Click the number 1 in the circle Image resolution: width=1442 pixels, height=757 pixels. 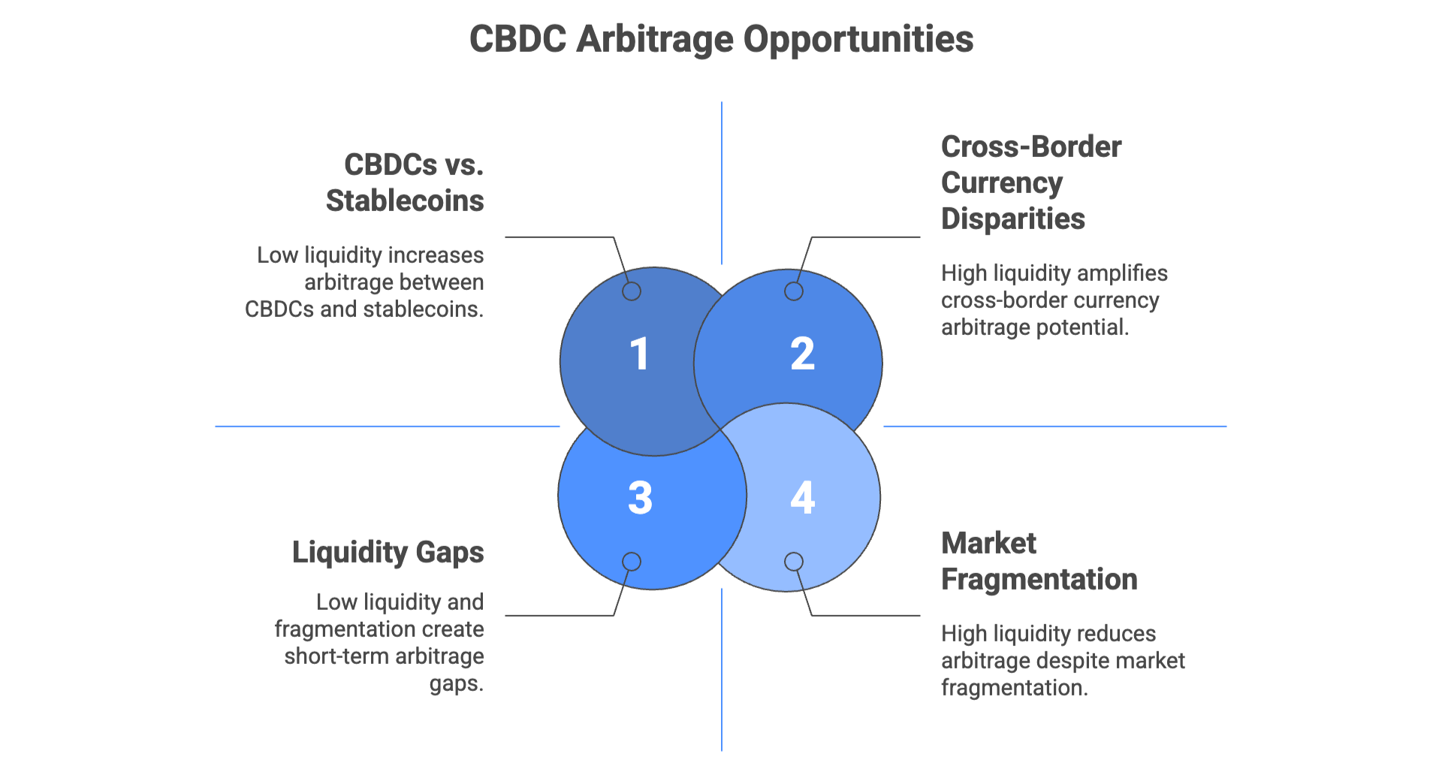click(x=639, y=354)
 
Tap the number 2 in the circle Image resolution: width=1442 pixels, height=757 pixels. click(x=802, y=354)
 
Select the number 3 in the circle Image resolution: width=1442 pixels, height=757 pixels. click(x=640, y=497)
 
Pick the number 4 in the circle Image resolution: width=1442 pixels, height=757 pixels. click(x=802, y=497)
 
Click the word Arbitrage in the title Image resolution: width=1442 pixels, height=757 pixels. click(x=654, y=39)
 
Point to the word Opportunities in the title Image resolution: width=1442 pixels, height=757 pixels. click(x=858, y=39)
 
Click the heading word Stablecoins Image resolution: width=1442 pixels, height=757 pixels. click(x=405, y=201)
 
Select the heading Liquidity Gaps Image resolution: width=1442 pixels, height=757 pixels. click(x=388, y=552)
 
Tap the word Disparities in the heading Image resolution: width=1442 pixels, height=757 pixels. click(x=1013, y=219)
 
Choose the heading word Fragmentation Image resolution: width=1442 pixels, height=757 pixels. click(x=1039, y=579)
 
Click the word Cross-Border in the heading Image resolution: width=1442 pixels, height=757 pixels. click(x=1031, y=146)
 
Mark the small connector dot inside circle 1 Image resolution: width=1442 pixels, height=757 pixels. click(x=632, y=291)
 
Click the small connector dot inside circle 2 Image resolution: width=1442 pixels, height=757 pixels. click(x=794, y=291)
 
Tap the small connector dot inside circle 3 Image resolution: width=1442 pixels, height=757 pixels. click(x=632, y=562)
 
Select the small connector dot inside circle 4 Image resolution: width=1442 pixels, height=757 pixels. click(x=794, y=562)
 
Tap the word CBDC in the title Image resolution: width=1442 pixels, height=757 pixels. click(x=517, y=39)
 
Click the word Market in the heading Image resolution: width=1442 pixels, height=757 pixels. click(x=988, y=543)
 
